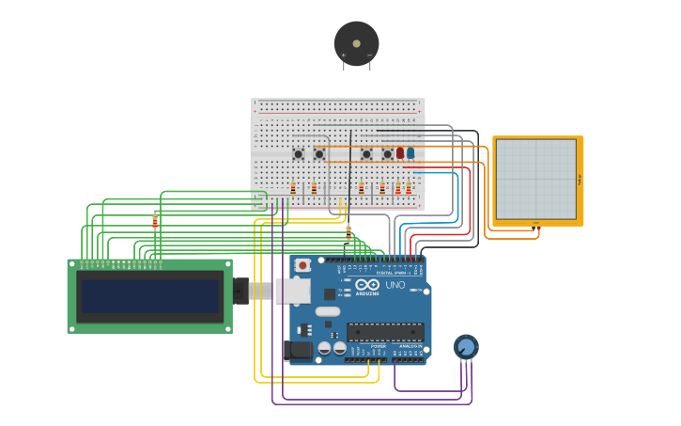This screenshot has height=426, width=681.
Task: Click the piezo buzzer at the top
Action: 356,43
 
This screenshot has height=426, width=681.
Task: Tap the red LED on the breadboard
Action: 399,152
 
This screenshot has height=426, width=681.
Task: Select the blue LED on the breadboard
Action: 410,152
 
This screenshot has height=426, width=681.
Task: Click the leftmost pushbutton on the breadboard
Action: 298,154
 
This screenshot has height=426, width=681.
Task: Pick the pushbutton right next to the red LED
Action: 387,154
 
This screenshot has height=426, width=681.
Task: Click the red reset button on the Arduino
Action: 302,266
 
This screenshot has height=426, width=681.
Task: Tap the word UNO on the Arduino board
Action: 395,285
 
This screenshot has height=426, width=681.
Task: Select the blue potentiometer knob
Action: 466,347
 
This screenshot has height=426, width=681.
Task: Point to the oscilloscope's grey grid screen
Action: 534,180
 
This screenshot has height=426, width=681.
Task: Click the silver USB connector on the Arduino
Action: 292,291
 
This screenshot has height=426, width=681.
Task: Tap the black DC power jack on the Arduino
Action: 298,351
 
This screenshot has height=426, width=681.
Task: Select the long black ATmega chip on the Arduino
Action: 385,331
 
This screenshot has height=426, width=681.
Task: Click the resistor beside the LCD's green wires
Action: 155,222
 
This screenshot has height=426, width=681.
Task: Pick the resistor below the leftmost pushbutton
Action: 293,188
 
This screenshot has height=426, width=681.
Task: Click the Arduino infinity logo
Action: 367,285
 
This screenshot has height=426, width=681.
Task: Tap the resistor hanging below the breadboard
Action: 348,230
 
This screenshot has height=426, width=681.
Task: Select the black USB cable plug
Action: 241,292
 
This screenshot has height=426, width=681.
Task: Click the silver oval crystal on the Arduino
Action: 327,311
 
